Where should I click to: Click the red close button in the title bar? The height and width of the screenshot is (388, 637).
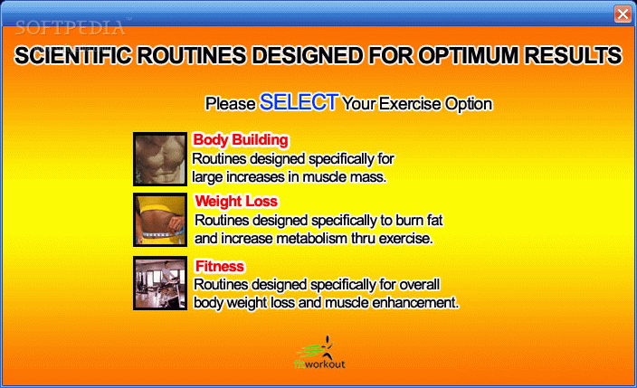(623, 14)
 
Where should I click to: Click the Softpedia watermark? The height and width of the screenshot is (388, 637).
(71, 28)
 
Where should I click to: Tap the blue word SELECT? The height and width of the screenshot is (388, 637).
(299, 102)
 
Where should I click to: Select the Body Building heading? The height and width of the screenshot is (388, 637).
(241, 140)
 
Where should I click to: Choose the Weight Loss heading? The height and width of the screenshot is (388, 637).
(236, 201)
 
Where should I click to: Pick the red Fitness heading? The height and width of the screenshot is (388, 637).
(219, 266)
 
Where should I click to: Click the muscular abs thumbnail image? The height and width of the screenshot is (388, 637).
(160, 159)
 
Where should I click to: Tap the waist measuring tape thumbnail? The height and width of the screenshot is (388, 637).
(160, 220)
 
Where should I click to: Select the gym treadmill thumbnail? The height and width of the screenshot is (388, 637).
(160, 283)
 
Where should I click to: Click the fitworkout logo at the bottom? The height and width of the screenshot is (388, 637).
(319, 353)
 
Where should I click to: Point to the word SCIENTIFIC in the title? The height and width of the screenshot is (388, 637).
(73, 55)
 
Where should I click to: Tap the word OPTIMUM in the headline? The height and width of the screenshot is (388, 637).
(469, 55)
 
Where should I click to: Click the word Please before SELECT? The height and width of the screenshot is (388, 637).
(231, 104)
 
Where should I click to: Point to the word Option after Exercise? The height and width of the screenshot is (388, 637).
(469, 104)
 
